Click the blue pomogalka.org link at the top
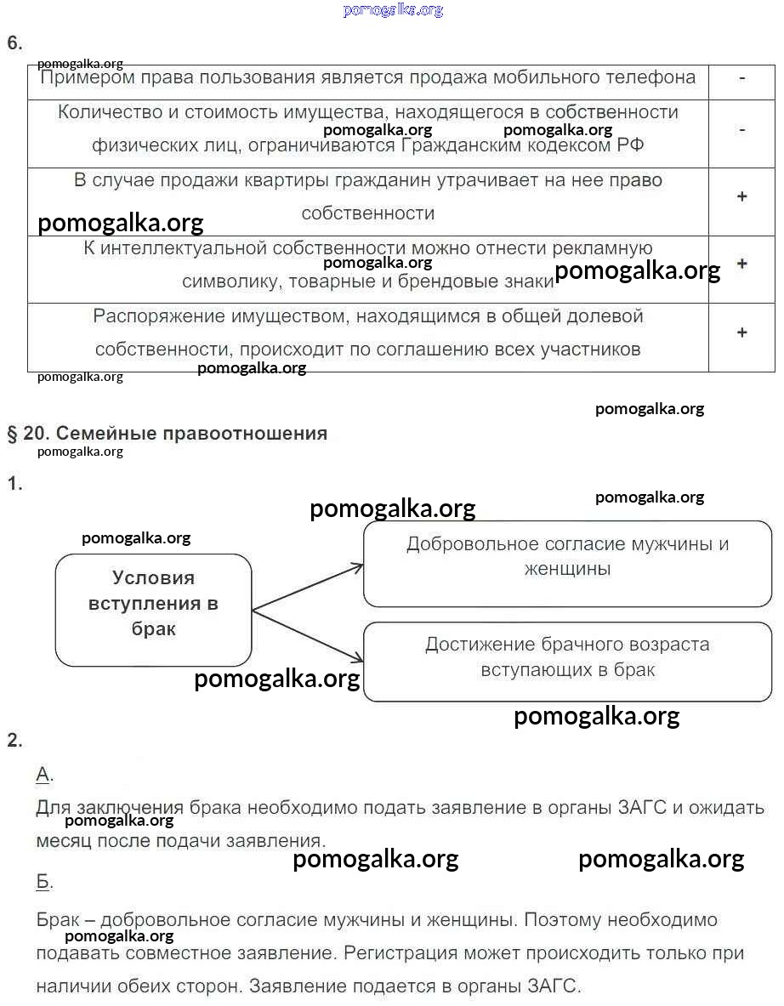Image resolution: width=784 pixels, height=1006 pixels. click(393, 10)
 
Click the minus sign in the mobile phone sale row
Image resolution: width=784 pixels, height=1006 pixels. click(741, 78)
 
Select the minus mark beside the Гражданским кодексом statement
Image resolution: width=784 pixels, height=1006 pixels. click(741, 130)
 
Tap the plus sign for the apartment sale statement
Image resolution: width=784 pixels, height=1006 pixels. click(741, 197)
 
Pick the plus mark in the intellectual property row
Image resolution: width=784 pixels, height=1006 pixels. click(741, 264)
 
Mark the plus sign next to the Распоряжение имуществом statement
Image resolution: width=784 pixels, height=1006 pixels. click(741, 332)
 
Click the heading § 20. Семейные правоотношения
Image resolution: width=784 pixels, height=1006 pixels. click(168, 434)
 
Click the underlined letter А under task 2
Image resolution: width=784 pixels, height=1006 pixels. click(43, 774)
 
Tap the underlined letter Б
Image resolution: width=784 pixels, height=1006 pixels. click(43, 882)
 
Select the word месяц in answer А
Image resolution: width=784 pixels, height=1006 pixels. click(63, 841)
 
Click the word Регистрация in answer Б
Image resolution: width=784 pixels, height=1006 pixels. click(392, 953)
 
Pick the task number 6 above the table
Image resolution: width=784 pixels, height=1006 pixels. click(14, 43)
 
